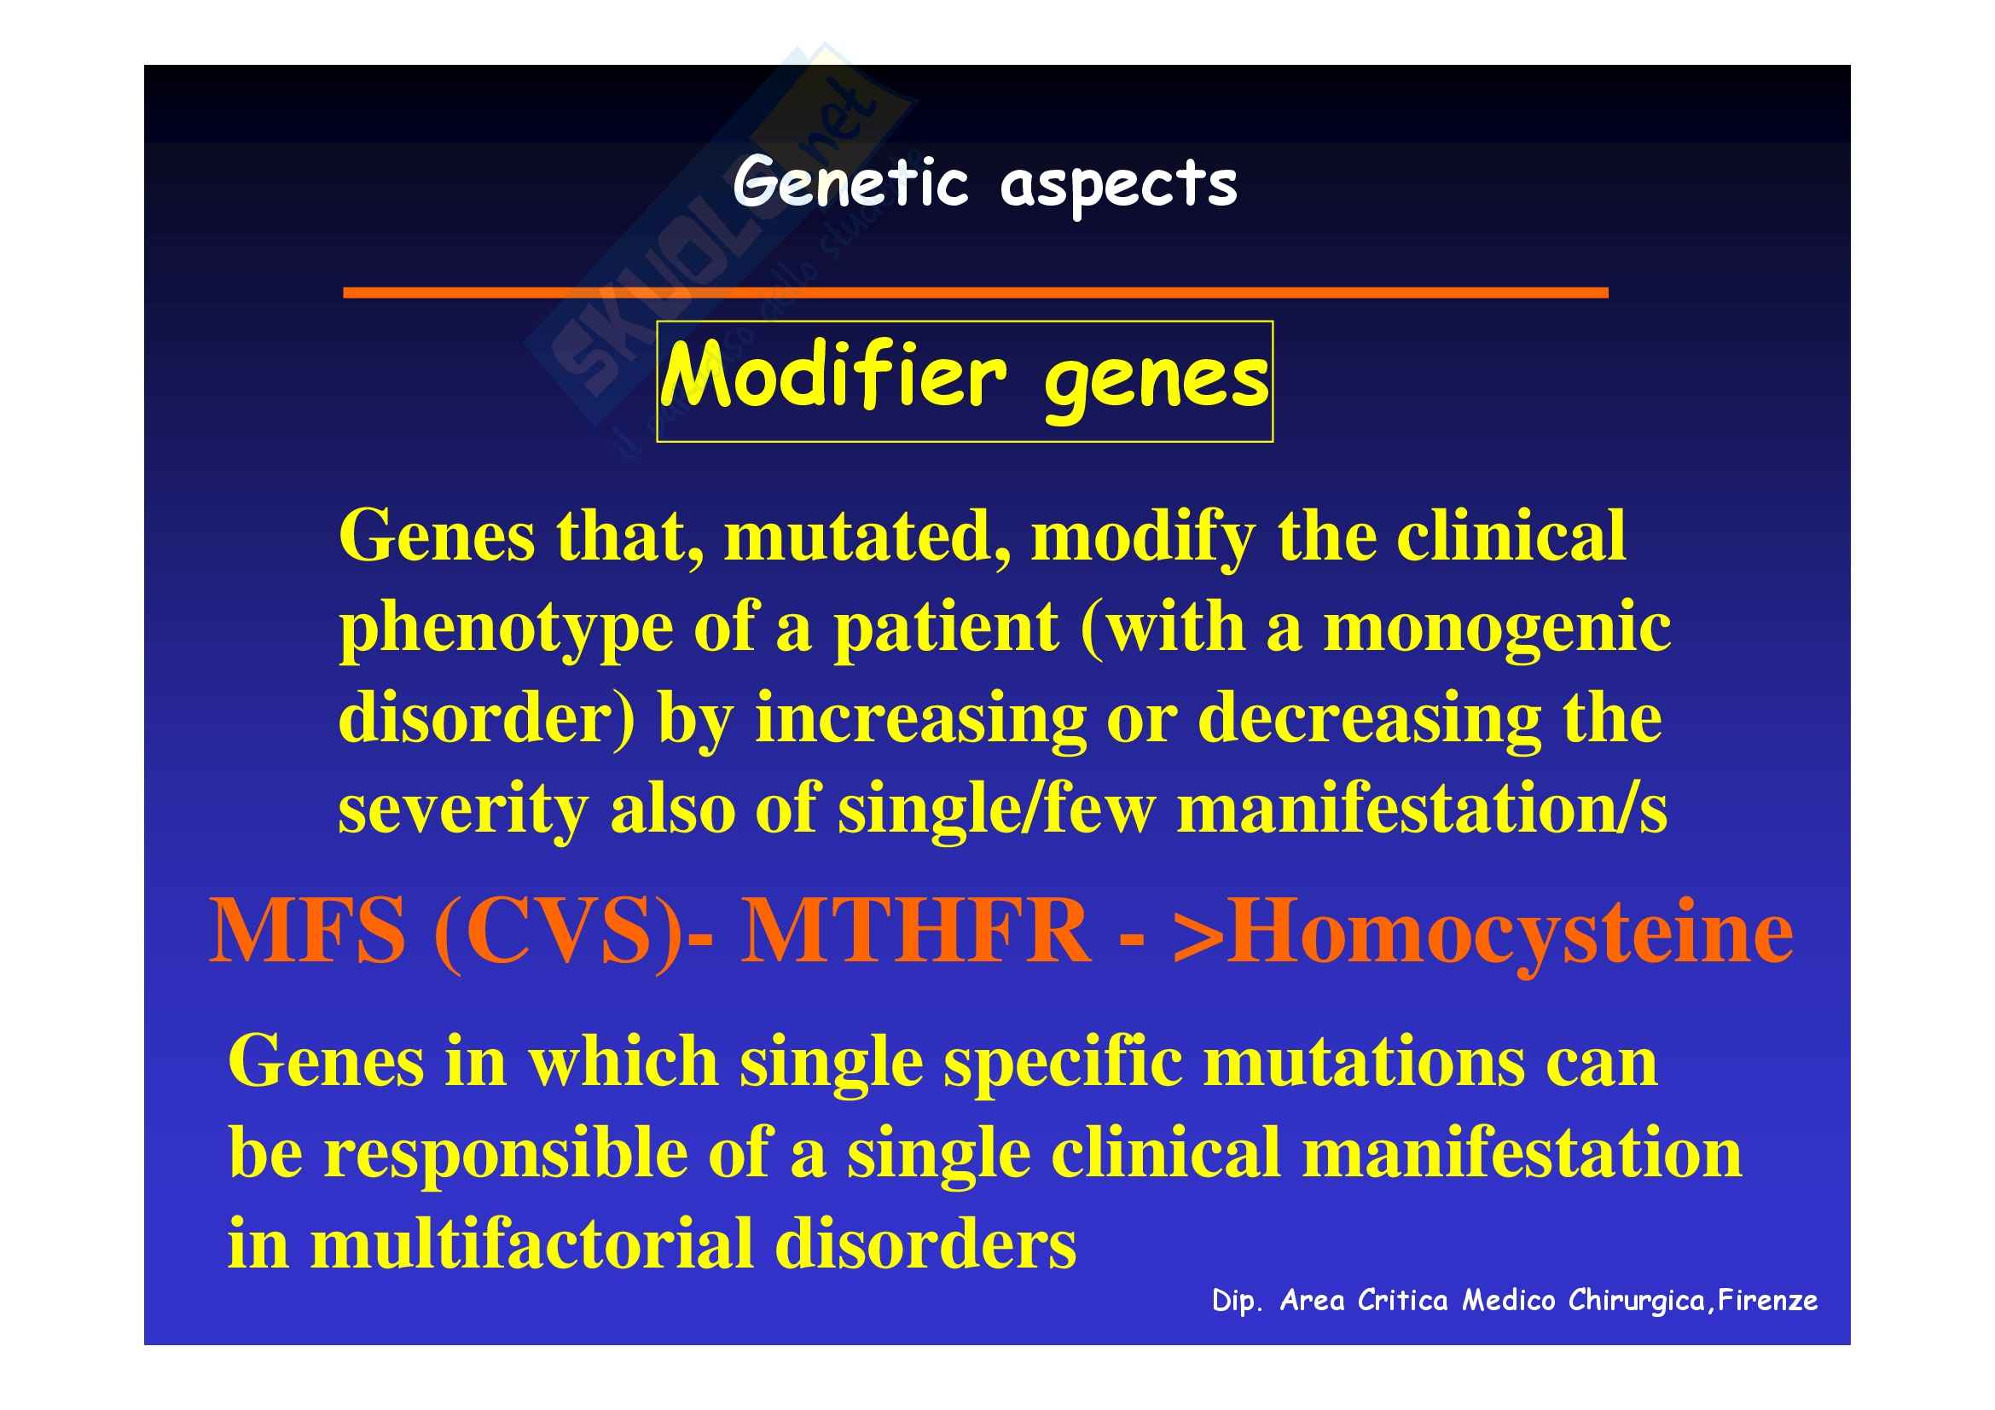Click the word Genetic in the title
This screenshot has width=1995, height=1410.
[850, 183]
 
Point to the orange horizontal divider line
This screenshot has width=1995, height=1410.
[976, 293]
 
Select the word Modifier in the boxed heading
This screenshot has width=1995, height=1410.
[834, 375]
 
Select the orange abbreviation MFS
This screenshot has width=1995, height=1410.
[308, 931]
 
